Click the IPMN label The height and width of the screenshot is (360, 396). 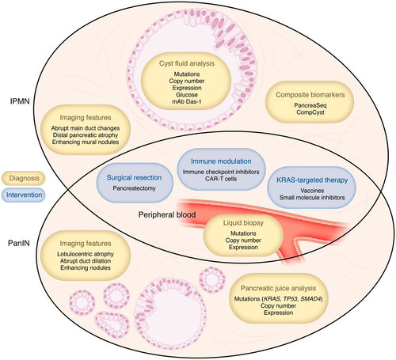20,101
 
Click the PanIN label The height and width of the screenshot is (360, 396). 19,243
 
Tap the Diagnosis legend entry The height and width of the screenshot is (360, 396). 24,178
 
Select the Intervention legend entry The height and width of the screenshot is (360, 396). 24,195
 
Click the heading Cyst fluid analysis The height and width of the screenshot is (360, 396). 187,63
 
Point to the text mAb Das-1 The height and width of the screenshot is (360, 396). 187,101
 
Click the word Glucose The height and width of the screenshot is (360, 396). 187,95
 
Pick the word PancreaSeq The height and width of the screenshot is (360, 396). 310,105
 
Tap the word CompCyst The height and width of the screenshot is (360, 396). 310,112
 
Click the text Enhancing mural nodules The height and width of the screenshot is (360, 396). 86,142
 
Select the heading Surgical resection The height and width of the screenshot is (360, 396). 134,177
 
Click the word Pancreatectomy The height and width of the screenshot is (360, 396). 134,188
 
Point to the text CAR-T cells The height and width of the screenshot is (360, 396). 221,179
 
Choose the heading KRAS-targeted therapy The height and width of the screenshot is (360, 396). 312,180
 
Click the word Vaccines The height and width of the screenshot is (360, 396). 312,191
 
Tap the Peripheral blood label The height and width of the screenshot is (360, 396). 167,214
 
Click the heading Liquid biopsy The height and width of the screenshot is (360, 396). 243,223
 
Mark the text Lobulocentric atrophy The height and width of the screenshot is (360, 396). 86,254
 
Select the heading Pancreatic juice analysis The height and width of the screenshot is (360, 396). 278,288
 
